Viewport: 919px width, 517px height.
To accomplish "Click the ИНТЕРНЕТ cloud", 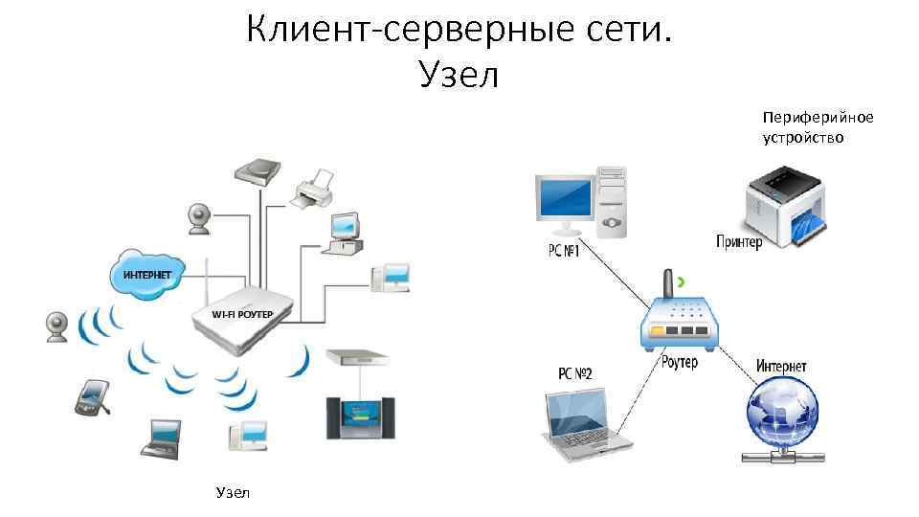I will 147,270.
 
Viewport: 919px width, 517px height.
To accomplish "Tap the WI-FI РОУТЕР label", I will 242,314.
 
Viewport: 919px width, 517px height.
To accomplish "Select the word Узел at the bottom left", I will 233,492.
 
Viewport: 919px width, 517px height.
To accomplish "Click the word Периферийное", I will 818,117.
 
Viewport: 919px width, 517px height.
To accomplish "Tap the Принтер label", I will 739,241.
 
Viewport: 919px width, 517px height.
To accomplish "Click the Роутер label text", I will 679,363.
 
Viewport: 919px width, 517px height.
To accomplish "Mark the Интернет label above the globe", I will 781,366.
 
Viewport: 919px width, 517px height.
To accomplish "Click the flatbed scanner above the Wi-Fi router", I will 258,171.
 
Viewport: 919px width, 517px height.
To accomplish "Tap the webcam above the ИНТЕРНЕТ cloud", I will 200,217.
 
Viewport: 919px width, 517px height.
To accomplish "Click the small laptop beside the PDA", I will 161,436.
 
